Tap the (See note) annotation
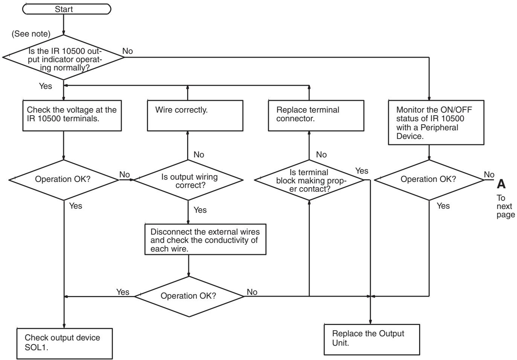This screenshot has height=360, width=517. point(31,34)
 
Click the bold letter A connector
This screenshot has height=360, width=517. point(501,184)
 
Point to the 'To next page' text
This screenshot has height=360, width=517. point(505,206)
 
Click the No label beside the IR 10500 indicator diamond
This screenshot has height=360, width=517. point(127,51)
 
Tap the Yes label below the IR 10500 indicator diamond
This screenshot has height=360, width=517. point(46,86)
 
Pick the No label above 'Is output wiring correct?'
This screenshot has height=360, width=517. point(199,154)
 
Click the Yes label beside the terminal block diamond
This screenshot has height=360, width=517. point(361,171)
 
